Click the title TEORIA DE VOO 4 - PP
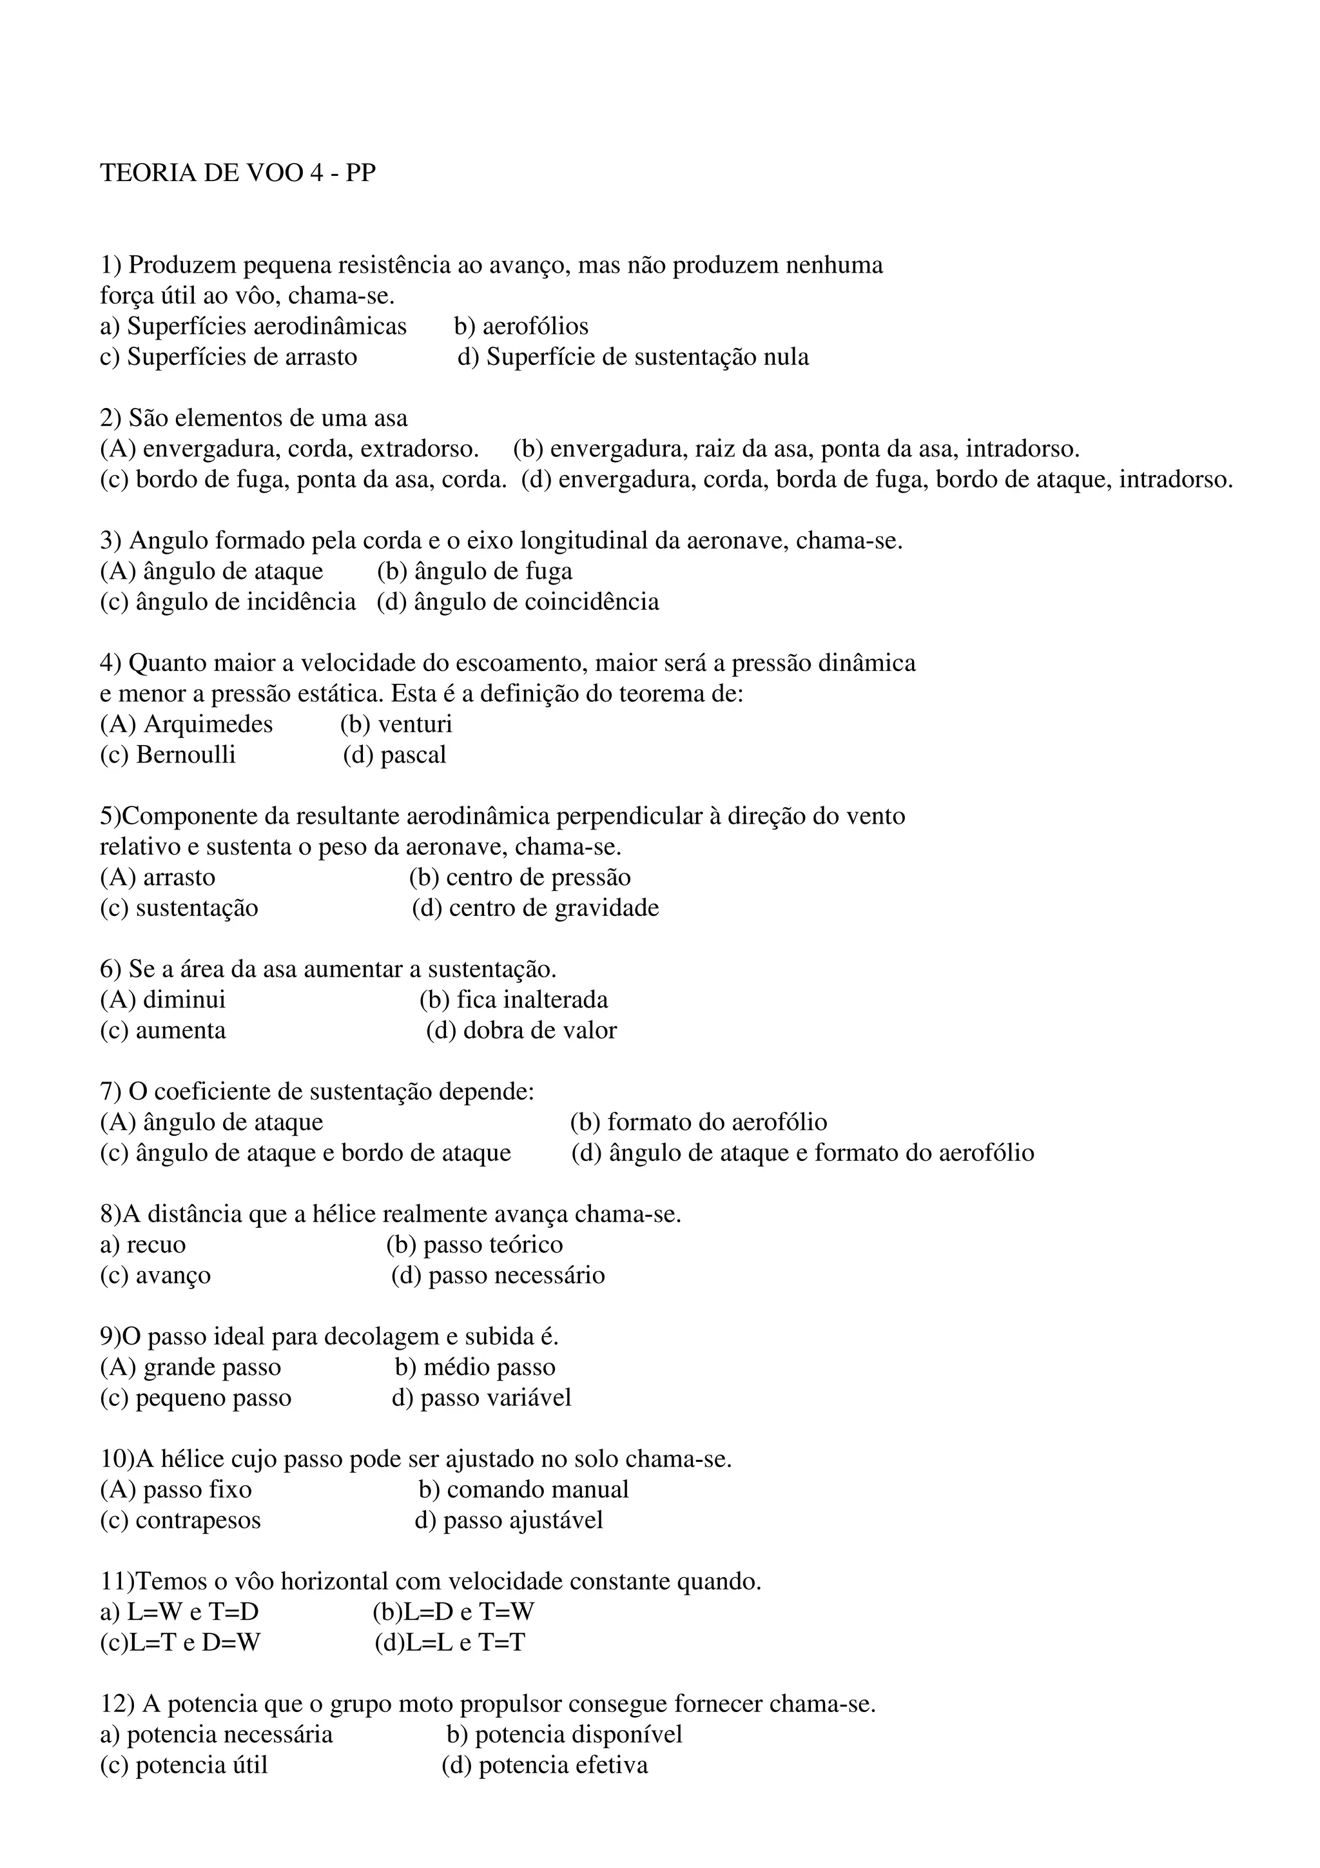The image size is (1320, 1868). [x=237, y=173]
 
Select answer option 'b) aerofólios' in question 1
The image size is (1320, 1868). [x=521, y=326]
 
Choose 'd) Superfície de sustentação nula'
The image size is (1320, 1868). [x=633, y=357]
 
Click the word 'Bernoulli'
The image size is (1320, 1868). [x=186, y=754]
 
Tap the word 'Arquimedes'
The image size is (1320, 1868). [x=208, y=724]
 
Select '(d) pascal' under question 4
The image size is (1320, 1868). [x=394, y=754]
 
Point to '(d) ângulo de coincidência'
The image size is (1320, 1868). [x=518, y=601]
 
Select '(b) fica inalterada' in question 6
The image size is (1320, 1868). [x=513, y=999]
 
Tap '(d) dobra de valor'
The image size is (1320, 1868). [x=521, y=1030]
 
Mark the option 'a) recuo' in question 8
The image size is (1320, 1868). [x=142, y=1245]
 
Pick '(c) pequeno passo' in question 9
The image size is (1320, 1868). [x=195, y=1397]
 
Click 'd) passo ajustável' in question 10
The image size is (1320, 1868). [x=509, y=1520]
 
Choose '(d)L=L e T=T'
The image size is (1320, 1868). [x=450, y=1642]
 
